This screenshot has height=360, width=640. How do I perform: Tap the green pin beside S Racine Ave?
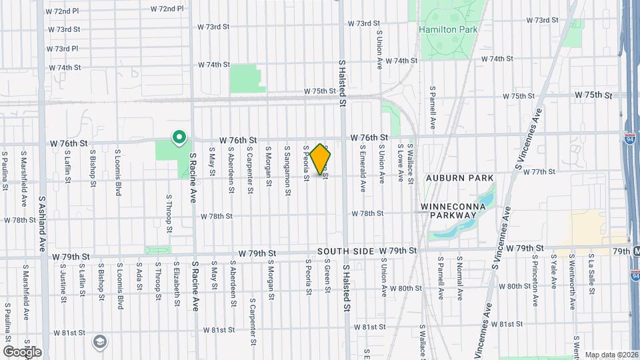(x=179, y=137)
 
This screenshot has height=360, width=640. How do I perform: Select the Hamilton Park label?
(x=439, y=29)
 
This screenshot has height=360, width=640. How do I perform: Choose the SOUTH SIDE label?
(x=342, y=251)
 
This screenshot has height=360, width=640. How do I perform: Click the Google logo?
(x=22, y=351)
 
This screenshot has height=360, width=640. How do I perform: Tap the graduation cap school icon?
(x=99, y=341)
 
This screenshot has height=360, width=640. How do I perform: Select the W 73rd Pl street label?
(x=63, y=49)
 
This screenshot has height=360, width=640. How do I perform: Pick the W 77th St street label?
(x=539, y=171)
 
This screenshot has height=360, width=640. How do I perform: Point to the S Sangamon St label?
(x=288, y=170)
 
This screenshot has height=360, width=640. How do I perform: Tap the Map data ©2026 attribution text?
(x=611, y=355)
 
